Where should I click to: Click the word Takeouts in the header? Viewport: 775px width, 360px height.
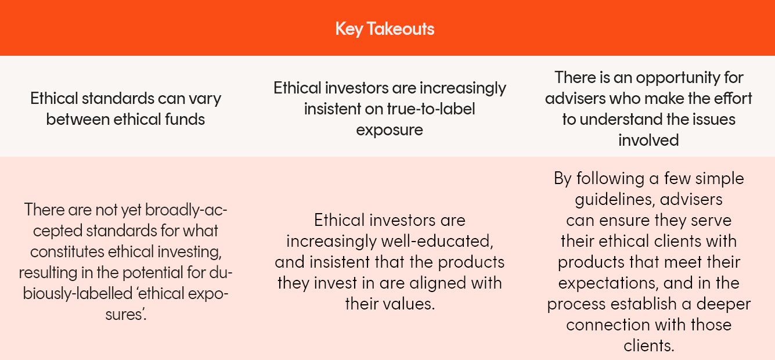pyautogui.click(x=401, y=28)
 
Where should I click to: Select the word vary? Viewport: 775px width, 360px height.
pyautogui.click(x=205, y=99)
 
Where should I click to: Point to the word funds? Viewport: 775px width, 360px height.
pyautogui.click(x=185, y=120)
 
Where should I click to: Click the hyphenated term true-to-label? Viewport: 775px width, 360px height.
pyautogui.click(x=431, y=109)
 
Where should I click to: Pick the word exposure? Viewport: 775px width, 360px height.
pyautogui.click(x=390, y=131)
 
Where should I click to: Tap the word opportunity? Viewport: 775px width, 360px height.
pyautogui.click(x=679, y=78)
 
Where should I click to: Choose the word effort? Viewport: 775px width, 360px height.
pyautogui.click(x=733, y=98)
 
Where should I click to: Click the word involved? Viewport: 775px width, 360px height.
pyautogui.click(x=648, y=140)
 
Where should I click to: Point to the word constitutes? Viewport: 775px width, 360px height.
pyautogui.click(x=67, y=251)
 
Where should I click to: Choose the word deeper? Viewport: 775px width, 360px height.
pyautogui.click(x=723, y=304)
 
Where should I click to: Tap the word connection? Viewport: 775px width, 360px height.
pyautogui.click(x=608, y=325)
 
